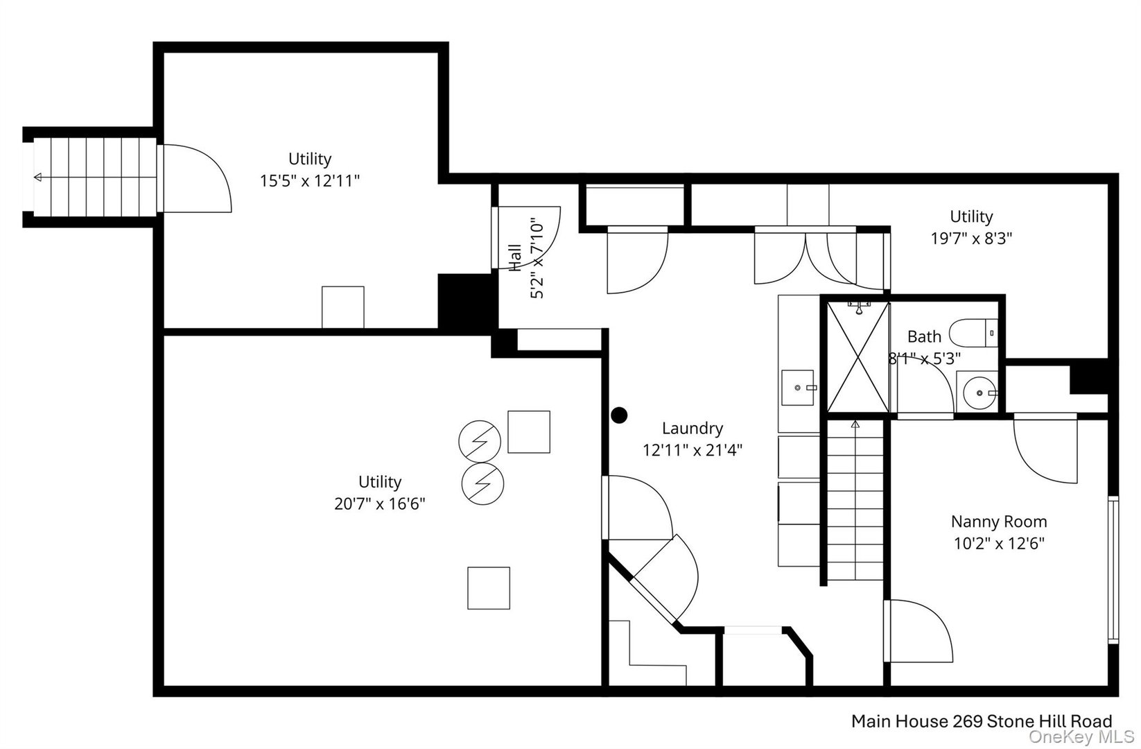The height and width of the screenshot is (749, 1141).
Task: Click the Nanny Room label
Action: pos(998,522)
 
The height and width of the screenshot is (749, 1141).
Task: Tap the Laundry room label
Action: pos(692,429)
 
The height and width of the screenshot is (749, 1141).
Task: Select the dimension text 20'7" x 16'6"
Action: pos(379,503)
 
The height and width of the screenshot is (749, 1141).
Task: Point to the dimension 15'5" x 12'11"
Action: pos(310,181)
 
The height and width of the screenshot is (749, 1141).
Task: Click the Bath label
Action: pos(924,336)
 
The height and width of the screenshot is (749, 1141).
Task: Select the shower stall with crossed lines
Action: pos(858,357)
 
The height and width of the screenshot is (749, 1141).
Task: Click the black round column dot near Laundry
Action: pos(619,415)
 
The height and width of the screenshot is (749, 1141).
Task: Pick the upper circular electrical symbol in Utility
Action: pos(480,440)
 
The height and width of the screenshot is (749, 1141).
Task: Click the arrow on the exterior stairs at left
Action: pos(37,178)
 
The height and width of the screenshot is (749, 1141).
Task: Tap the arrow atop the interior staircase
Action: pos(855,423)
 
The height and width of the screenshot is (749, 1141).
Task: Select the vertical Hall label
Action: pos(515,257)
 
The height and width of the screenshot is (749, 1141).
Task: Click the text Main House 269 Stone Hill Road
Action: pos(981,721)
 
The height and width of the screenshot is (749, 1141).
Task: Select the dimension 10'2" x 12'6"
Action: pos(998,543)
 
